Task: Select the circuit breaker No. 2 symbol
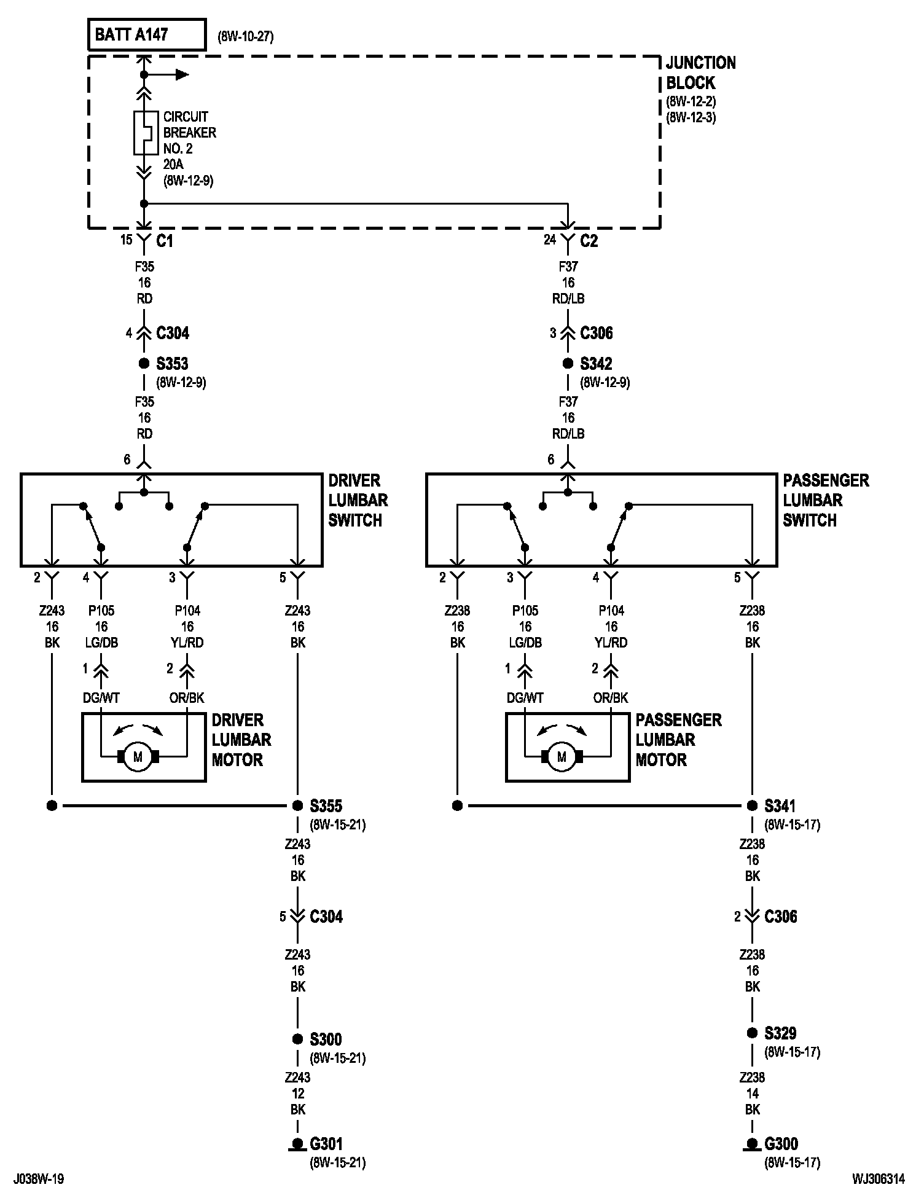(144, 133)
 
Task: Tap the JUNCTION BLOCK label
(701, 72)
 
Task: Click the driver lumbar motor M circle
(138, 757)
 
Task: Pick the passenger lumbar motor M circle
(562, 757)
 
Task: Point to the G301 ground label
(326, 1144)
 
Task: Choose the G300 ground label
(781, 1144)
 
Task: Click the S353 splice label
(172, 364)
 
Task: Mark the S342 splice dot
(568, 364)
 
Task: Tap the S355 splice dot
(297, 805)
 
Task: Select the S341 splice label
(781, 805)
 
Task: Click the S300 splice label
(326, 1039)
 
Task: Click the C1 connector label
(165, 241)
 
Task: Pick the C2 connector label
(589, 241)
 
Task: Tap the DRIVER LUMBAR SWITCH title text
(358, 500)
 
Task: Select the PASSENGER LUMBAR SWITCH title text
(826, 500)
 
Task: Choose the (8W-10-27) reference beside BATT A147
(246, 36)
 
